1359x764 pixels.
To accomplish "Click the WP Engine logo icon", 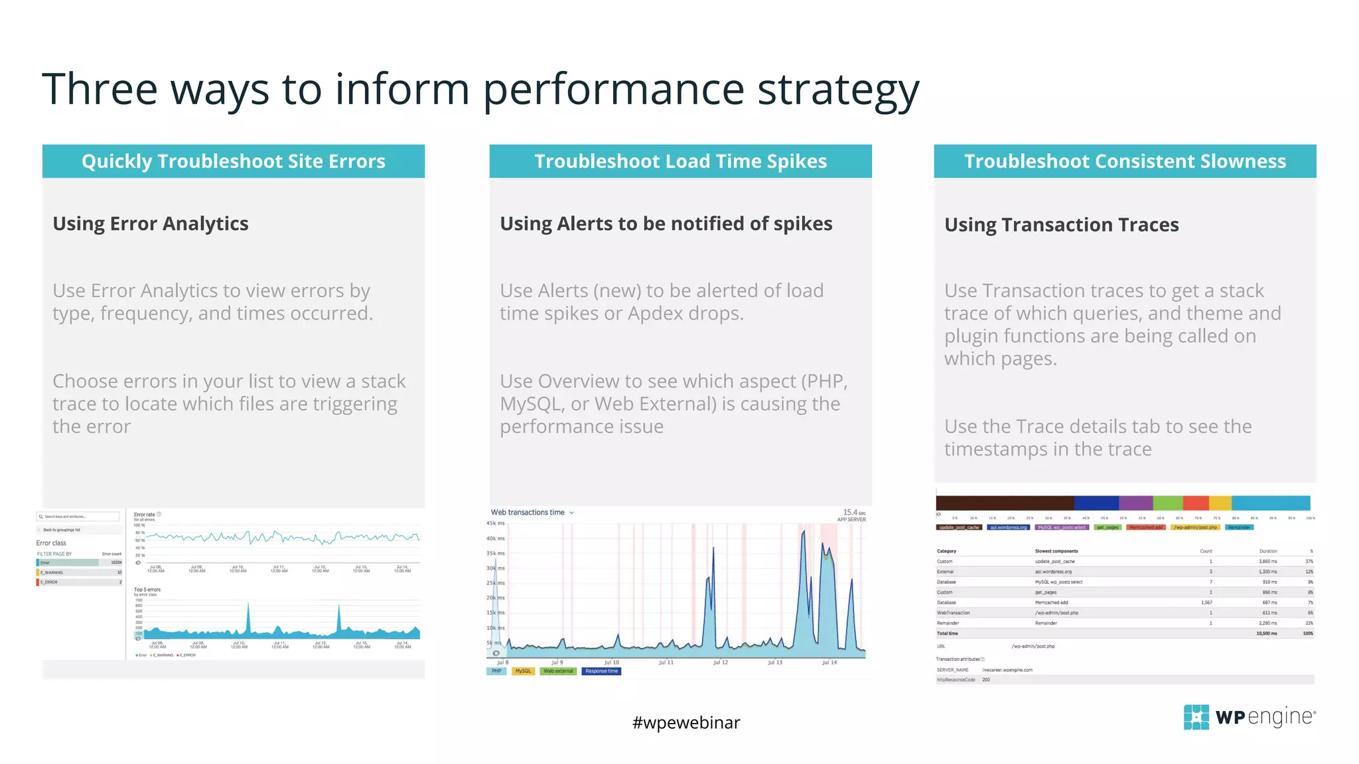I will point(1196,717).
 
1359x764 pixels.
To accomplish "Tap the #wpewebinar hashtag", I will point(685,722).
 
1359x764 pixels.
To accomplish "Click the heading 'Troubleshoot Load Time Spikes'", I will point(680,161).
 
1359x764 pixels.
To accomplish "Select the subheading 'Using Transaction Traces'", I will point(1061,225).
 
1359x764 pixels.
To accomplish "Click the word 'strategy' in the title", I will point(837,89).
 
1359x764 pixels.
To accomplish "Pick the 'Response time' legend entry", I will point(601,671).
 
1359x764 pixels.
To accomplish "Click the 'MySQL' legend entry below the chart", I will point(523,671).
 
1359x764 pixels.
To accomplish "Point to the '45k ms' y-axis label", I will point(496,523).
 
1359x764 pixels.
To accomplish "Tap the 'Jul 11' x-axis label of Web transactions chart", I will point(666,663).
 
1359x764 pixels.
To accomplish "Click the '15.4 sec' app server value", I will point(853,513).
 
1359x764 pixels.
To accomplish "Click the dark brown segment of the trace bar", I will point(1005,503).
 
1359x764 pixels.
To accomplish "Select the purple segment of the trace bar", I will point(1136,503).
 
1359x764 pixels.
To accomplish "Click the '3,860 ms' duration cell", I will point(1267,562).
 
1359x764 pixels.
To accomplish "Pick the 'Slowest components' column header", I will point(1056,551).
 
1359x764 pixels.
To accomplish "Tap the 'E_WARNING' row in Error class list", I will point(78,572).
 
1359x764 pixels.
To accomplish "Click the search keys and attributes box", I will point(78,517).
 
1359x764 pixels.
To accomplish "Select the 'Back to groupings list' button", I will point(62,530).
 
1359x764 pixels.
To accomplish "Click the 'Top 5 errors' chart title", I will point(147,590).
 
